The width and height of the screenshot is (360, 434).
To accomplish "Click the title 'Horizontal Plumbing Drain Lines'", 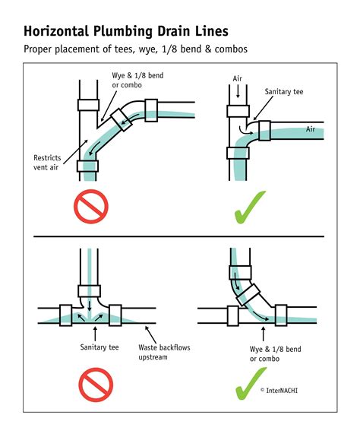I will pyautogui.click(x=125, y=32).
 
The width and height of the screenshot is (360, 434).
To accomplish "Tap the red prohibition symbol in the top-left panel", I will pyautogui.click(x=93, y=207).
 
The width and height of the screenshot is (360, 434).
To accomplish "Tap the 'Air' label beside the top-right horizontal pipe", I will pyautogui.click(x=311, y=129).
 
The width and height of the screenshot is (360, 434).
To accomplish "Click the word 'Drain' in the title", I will pyautogui.click(x=156, y=32).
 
